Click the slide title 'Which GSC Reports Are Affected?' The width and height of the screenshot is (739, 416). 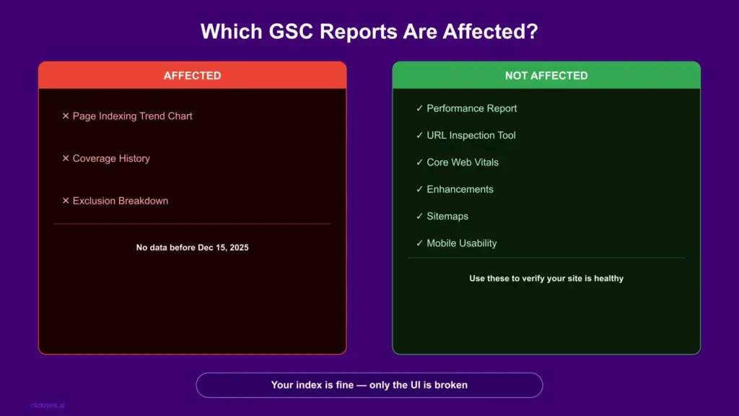click(369, 32)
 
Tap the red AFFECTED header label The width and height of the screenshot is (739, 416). click(192, 75)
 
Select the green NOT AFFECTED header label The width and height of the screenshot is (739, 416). click(546, 75)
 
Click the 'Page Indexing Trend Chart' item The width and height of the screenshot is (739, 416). click(133, 116)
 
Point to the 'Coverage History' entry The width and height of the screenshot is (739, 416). click(111, 158)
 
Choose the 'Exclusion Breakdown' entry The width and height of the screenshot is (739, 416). click(121, 201)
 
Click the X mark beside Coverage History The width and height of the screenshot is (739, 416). click(66, 158)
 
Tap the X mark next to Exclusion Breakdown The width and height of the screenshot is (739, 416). click(66, 201)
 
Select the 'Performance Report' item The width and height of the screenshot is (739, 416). click(472, 108)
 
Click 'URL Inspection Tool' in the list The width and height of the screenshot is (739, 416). click(471, 135)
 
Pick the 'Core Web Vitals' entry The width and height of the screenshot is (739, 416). click(463, 162)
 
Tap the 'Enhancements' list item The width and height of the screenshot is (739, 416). click(460, 189)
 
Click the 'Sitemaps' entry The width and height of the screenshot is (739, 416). click(447, 217)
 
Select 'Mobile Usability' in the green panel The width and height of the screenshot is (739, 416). click(461, 243)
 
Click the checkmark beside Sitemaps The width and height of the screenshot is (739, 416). click(419, 216)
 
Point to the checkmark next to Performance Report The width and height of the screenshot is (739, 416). click(419, 108)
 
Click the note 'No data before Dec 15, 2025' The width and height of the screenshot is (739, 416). click(192, 248)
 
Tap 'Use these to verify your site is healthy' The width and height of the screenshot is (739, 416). click(546, 278)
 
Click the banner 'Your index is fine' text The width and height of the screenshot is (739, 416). click(369, 385)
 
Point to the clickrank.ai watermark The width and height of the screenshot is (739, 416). click(48, 405)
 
